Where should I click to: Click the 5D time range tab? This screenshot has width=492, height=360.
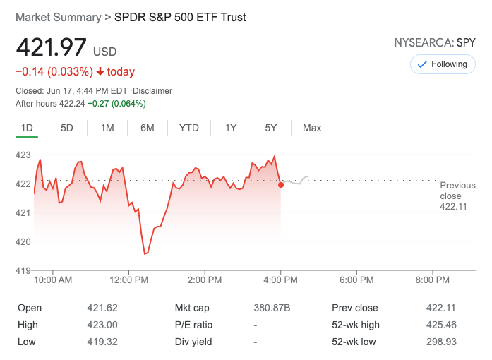pos(67,128)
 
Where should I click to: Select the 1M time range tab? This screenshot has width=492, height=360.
pos(107,128)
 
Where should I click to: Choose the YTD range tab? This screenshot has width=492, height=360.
pos(189,128)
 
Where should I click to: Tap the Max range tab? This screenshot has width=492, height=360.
pos(312,128)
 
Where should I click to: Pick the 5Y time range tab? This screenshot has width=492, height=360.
pos(271,128)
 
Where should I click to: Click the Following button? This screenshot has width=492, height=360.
pos(443,64)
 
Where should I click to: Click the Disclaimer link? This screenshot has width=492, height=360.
pos(152,91)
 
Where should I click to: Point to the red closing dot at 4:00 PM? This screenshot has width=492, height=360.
pos(281,185)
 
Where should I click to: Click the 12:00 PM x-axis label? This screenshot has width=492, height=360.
pos(130,280)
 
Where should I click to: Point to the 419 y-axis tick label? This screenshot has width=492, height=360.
pos(23,270)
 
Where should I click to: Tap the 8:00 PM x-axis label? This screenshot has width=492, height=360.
pos(433,280)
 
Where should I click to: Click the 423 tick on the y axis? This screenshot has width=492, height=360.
pos(23,155)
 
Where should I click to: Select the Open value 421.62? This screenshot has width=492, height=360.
pos(102,308)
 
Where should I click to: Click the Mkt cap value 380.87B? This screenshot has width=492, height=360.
pos(272,308)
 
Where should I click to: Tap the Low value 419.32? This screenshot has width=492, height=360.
pos(102,342)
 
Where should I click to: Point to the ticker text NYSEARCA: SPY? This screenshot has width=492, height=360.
pos(435,42)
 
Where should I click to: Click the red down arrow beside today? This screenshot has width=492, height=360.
pos(100,71)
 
